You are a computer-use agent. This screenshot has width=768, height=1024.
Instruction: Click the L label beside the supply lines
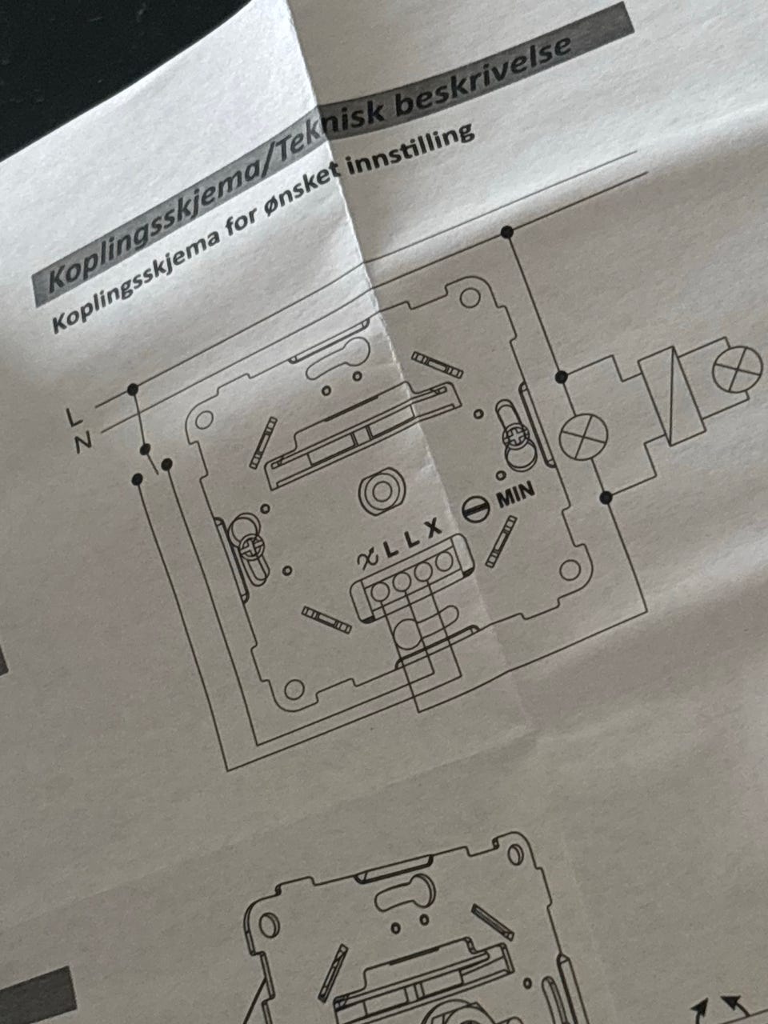pyautogui.click(x=74, y=417)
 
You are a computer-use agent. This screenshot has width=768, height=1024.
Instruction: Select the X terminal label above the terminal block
pyautogui.click(x=433, y=529)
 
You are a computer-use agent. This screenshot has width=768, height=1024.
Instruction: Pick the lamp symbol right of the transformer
pyautogui.click(x=738, y=369)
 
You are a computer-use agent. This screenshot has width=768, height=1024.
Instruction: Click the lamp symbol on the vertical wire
pyautogui.click(x=582, y=438)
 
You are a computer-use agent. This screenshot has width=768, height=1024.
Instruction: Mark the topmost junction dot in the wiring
pyautogui.click(x=506, y=232)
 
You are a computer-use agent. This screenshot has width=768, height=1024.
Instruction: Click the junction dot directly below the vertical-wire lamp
pyautogui.click(x=606, y=498)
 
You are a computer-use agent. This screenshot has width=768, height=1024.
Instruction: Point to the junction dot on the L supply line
pyautogui.click(x=132, y=389)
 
